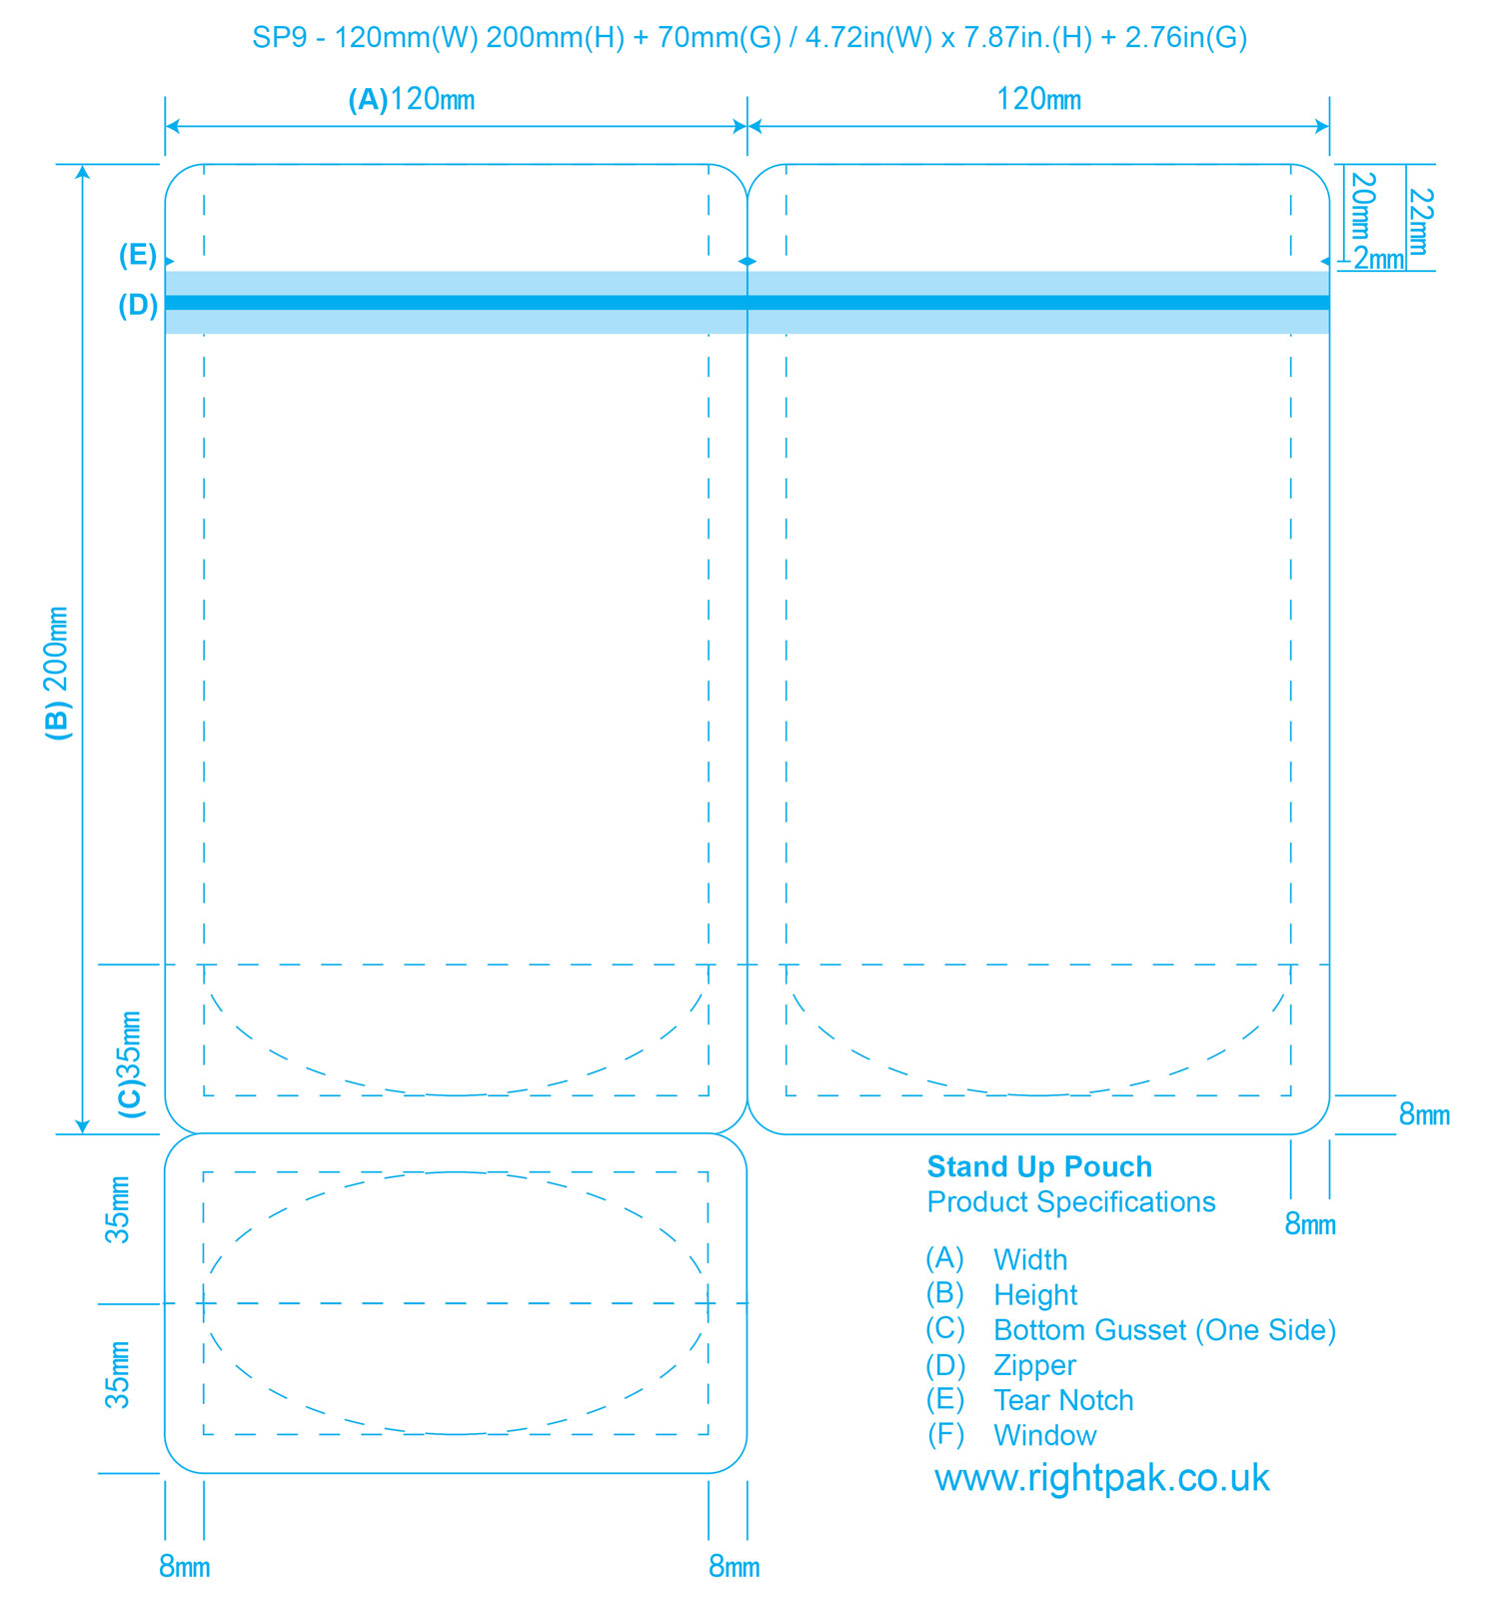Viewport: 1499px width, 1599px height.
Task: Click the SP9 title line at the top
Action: point(749,38)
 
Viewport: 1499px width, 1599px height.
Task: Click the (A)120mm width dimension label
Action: point(411,99)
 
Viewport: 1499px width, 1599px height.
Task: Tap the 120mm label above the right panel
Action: point(1039,99)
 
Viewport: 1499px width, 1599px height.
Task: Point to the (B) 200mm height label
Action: point(58,673)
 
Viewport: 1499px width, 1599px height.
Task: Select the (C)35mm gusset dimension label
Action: point(131,1064)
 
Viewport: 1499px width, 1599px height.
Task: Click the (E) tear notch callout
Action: point(138,256)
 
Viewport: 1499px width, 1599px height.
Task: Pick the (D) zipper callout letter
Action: point(138,305)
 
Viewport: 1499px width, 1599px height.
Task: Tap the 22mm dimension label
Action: point(1420,221)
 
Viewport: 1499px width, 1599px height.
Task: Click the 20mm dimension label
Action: point(1363,207)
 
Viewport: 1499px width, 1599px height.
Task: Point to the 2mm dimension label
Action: point(1379,259)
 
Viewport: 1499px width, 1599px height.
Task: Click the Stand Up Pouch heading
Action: point(1039,1166)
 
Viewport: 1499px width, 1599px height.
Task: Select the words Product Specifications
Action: point(1071,1201)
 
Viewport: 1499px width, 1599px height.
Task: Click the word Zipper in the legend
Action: point(1034,1365)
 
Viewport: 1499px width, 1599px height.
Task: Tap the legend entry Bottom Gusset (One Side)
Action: point(1164,1330)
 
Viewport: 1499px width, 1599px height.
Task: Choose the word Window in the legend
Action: point(1044,1435)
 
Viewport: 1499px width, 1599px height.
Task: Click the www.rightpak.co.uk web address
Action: point(1102,1477)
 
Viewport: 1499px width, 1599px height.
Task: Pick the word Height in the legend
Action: point(1035,1295)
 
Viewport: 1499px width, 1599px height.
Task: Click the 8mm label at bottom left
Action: point(185,1566)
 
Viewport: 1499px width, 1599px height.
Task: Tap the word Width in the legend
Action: point(1030,1259)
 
